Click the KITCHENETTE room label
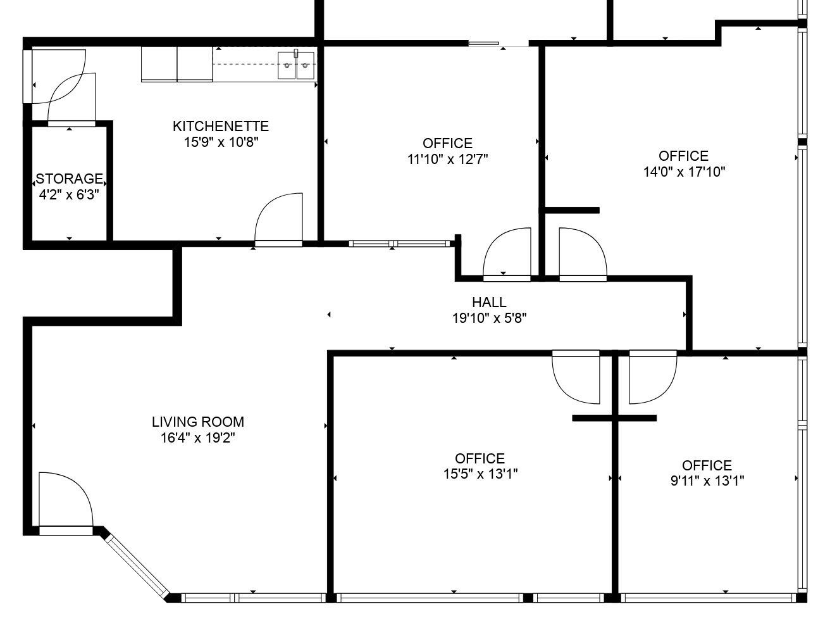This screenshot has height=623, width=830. point(221,126)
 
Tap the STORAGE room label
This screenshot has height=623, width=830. point(69,179)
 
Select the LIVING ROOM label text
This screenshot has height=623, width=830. point(198,422)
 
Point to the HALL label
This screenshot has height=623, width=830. point(489,302)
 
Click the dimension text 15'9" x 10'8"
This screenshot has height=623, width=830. point(221,142)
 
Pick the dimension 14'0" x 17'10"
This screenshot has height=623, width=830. point(684,172)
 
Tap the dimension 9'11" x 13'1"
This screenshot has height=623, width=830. point(707,481)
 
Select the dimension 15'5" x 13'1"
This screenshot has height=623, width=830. point(481,474)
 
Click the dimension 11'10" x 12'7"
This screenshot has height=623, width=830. point(448,160)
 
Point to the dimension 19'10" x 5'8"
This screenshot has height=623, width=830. point(490,318)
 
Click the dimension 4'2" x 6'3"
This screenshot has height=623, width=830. point(69,195)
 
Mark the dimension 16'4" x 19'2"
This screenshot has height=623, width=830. point(198,438)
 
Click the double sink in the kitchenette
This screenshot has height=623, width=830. point(296,65)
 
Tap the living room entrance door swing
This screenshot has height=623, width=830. point(66,503)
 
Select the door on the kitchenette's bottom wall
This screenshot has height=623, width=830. point(279,220)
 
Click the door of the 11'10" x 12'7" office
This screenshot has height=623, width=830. point(507,254)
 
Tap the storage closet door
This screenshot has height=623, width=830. point(72,99)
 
